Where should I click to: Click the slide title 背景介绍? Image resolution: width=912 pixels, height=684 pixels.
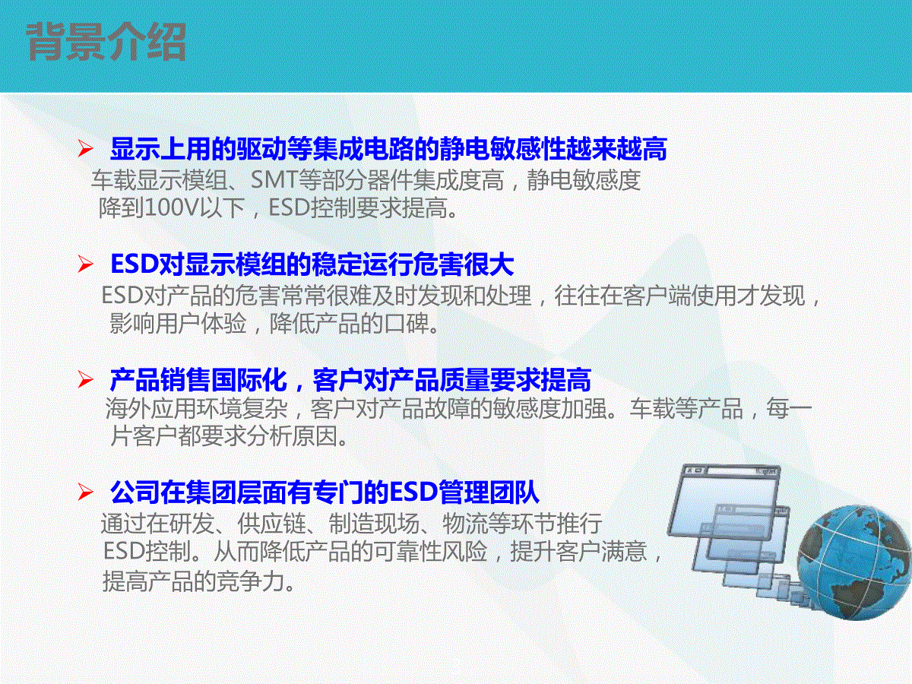106,42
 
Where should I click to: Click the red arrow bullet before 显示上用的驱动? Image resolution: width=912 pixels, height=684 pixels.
85,149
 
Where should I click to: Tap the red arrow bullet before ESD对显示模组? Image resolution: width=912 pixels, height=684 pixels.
85,264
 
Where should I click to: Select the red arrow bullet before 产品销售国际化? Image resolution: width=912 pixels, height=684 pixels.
85,379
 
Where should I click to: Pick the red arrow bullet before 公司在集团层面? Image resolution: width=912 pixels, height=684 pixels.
85,492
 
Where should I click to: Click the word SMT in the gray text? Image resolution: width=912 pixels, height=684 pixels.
274,180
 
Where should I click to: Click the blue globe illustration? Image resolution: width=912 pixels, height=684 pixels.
855,562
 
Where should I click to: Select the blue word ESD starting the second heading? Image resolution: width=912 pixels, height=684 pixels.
135,264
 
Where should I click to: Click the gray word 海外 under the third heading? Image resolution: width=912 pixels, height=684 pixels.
128,408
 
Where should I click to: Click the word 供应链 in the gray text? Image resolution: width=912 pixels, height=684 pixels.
271,524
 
